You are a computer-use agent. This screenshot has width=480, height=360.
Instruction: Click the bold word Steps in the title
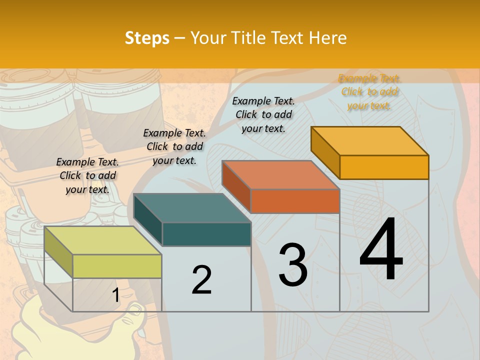point(146,38)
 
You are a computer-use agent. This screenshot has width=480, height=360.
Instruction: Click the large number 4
point(381,250)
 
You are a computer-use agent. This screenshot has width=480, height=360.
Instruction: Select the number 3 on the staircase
point(292,265)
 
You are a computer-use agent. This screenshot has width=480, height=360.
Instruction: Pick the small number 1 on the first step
point(115,295)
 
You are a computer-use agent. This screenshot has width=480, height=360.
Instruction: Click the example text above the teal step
point(174,146)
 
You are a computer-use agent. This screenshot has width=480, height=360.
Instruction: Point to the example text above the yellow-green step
point(87,175)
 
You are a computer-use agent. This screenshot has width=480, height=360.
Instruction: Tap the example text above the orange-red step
point(263,114)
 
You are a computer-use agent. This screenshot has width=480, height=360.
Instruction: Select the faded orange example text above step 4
point(369,92)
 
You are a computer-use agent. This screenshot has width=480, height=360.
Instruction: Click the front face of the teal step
point(206,234)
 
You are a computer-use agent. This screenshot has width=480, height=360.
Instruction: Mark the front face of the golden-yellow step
point(384,167)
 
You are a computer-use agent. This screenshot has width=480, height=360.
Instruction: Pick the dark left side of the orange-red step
point(236,185)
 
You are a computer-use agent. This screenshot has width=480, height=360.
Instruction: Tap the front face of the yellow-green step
point(117,266)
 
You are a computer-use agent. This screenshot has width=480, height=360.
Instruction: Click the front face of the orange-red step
point(295,201)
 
